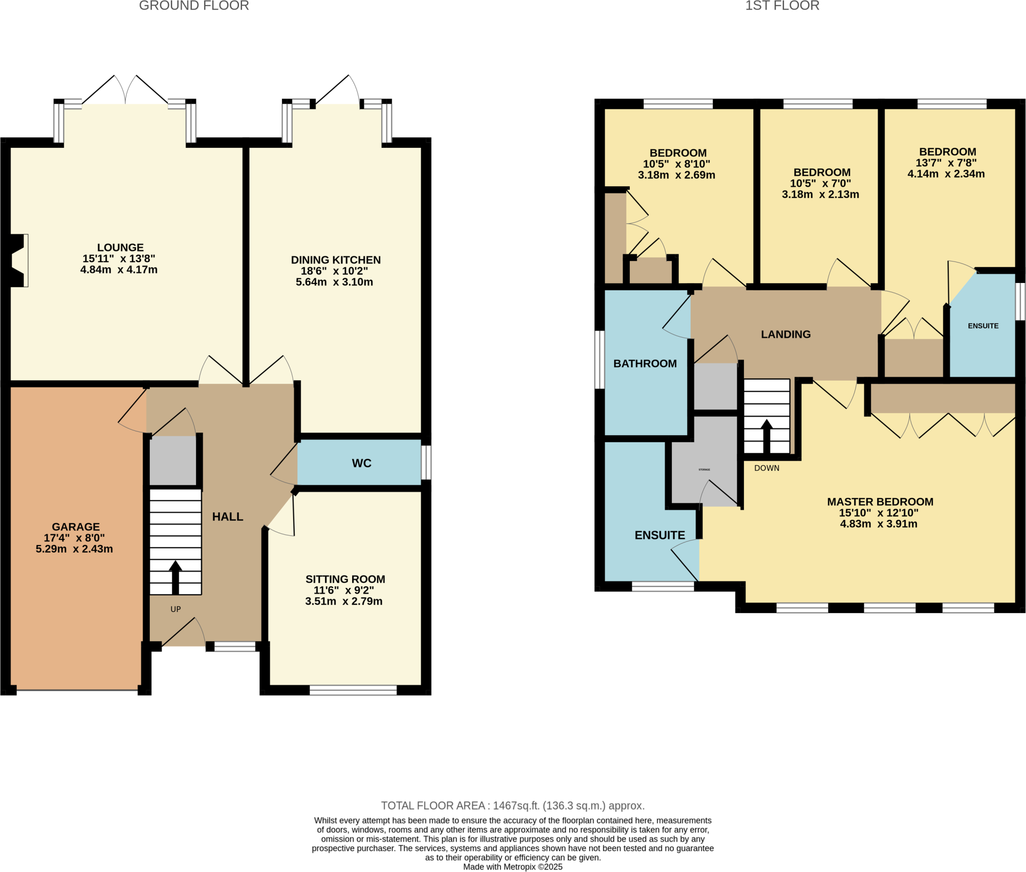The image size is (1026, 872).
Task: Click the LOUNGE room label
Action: pos(120,247)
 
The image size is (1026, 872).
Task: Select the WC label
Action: pos(361,463)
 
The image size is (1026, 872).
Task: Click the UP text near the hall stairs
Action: pos(175,610)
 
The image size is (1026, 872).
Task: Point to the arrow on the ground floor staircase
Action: pos(175,576)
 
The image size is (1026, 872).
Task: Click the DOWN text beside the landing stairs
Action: pos(766,468)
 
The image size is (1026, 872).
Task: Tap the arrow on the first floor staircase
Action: pos(766,436)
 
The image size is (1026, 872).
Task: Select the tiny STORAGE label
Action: pos(704,470)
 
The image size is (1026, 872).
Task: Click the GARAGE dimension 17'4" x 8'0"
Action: pos(74,538)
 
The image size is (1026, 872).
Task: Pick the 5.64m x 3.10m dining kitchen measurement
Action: pos(334,282)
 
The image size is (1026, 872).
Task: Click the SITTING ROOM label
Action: pos(345,579)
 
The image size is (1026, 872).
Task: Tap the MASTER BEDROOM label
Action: pos(880,502)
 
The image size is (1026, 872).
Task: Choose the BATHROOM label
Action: pos(645,364)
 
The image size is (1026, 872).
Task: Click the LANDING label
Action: pos(786,335)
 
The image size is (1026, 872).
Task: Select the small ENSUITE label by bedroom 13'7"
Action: pos(983,326)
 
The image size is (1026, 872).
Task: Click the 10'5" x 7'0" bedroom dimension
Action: pos(821,183)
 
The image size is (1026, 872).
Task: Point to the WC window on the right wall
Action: pos(426,463)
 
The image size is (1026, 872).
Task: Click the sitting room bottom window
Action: pos(353,690)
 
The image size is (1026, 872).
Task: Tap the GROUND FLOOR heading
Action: pos(194,6)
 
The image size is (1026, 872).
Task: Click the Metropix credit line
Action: pos(512,867)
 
